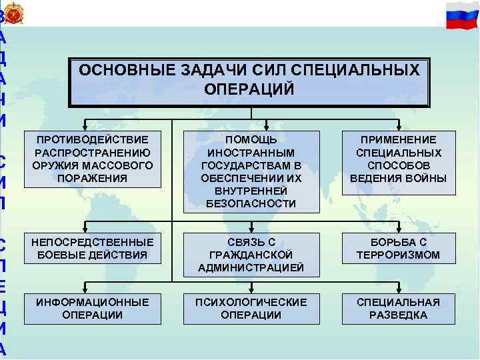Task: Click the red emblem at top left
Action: tap(14, 13)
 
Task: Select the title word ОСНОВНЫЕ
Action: tap(119, 71)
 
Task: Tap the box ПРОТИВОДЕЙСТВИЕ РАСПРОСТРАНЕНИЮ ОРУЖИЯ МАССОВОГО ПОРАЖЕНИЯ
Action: tap(94, 159)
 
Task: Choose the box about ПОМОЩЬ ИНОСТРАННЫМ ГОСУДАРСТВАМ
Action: tap(251, 171)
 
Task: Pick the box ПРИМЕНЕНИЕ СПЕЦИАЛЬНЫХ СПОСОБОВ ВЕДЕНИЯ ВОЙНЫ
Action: tap(398, 159)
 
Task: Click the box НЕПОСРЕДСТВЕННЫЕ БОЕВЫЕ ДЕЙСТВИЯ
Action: tap(94, 248)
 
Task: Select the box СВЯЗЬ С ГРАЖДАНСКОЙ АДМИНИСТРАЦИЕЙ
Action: tap(251, 255)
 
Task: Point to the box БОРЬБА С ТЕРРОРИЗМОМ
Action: tap(398, 248)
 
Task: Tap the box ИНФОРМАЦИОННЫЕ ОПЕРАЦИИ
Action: tap(94, 309)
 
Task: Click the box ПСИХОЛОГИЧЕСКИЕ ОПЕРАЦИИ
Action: tap(251, 309)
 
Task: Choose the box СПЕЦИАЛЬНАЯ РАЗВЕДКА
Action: tap(398, 309)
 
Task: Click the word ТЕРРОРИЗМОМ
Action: tap(398, 255)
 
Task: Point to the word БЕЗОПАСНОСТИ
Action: tap(251, 204)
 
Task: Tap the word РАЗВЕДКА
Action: tap(398, 315)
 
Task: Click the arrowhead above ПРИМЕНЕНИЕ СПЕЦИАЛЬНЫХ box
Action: tap(398, 127)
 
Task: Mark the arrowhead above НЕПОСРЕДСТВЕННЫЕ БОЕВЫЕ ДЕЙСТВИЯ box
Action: tap(84, 227)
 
